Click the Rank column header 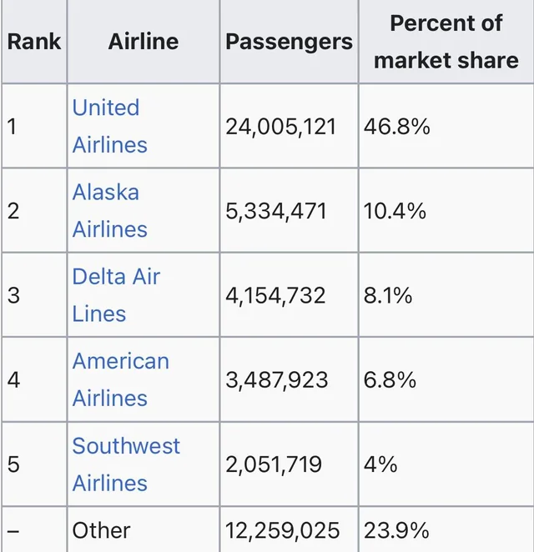pos(34,42)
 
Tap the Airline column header pos(143,42)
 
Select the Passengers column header pos(289,42)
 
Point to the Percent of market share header pos(446,42)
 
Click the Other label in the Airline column pos(102,530)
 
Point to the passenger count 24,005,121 pos(281,127)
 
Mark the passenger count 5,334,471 pos(276,211)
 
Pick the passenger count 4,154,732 pos(276,296)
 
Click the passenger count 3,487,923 pos(277,380)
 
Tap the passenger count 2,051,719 pos(274,464)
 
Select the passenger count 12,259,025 pos(283,530)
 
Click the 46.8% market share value pos(397,127)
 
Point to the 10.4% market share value pos(395,211)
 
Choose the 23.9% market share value pos(397,530)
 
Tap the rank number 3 pos(13,296)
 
